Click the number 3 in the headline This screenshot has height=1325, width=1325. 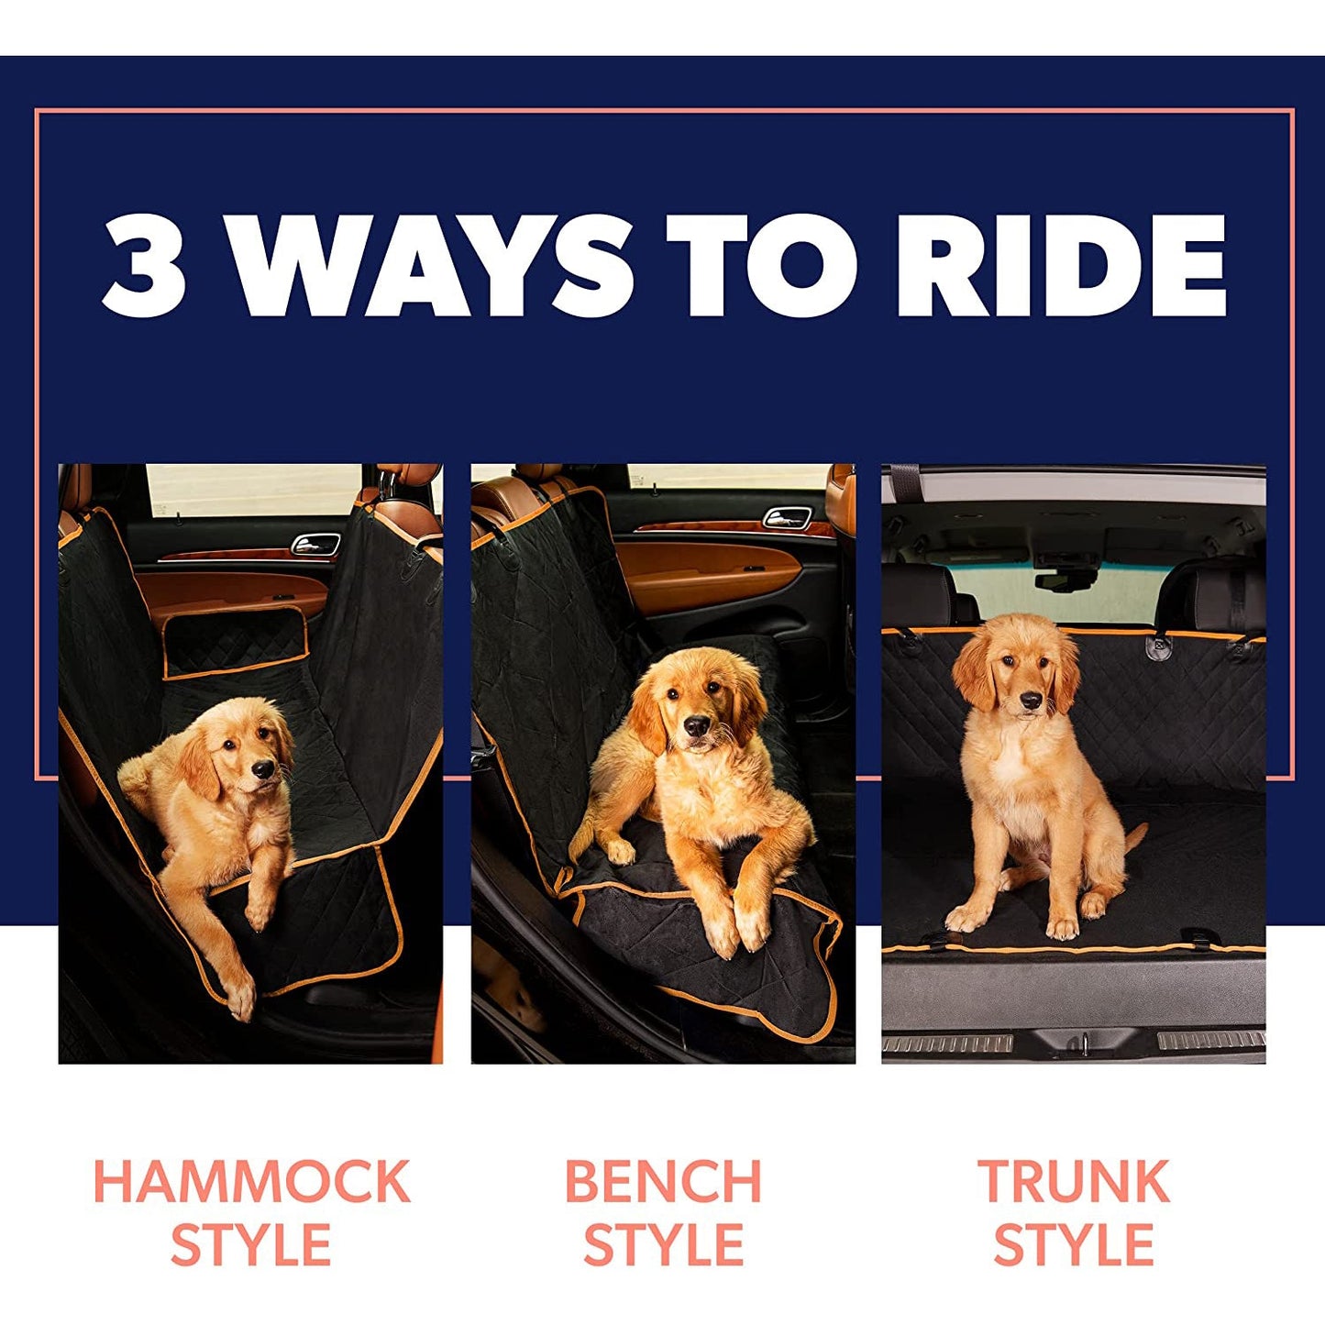145,266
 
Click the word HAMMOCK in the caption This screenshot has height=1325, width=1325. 251,1181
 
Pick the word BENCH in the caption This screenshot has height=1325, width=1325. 663,1181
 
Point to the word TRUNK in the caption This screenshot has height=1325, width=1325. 1074,1181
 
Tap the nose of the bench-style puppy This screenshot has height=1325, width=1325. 697,727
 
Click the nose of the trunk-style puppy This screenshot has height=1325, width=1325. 1031,701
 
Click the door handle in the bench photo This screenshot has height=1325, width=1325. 788,517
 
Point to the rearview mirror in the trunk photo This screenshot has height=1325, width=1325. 1064,579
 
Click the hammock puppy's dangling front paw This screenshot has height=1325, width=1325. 240,1002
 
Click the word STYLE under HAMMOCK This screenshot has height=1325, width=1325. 251,1245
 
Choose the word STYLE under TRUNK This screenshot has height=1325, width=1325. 1074,1245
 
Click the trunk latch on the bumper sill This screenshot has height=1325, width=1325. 1082,1043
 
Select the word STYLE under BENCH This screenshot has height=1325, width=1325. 663,1245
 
